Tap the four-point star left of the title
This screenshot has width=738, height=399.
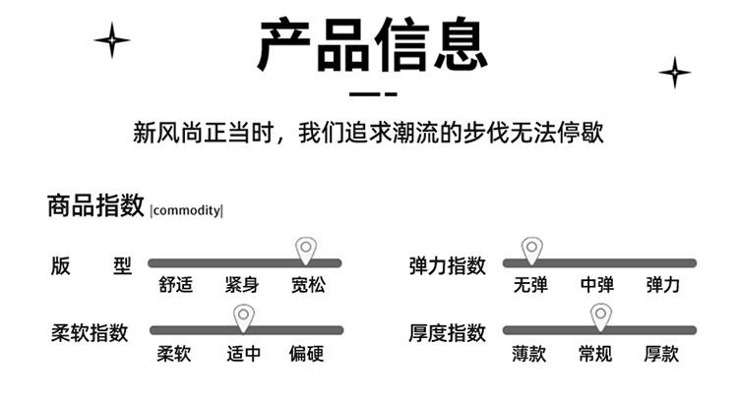(112, 39)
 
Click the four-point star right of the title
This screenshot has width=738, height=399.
(674, 72)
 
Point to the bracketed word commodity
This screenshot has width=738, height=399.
(187, 209)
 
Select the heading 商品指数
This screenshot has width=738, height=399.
(95, 206)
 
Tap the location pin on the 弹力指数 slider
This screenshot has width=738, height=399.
(531, 250)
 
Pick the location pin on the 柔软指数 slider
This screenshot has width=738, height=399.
(244, 316)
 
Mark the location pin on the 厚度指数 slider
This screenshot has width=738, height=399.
(600, 316)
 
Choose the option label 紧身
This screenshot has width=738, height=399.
(241, 286)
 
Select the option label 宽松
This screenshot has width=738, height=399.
(307, 286)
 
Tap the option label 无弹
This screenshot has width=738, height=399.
(530, 286)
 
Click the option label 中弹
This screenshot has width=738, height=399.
(596, 286)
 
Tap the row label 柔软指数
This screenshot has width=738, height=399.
(90, 333)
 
